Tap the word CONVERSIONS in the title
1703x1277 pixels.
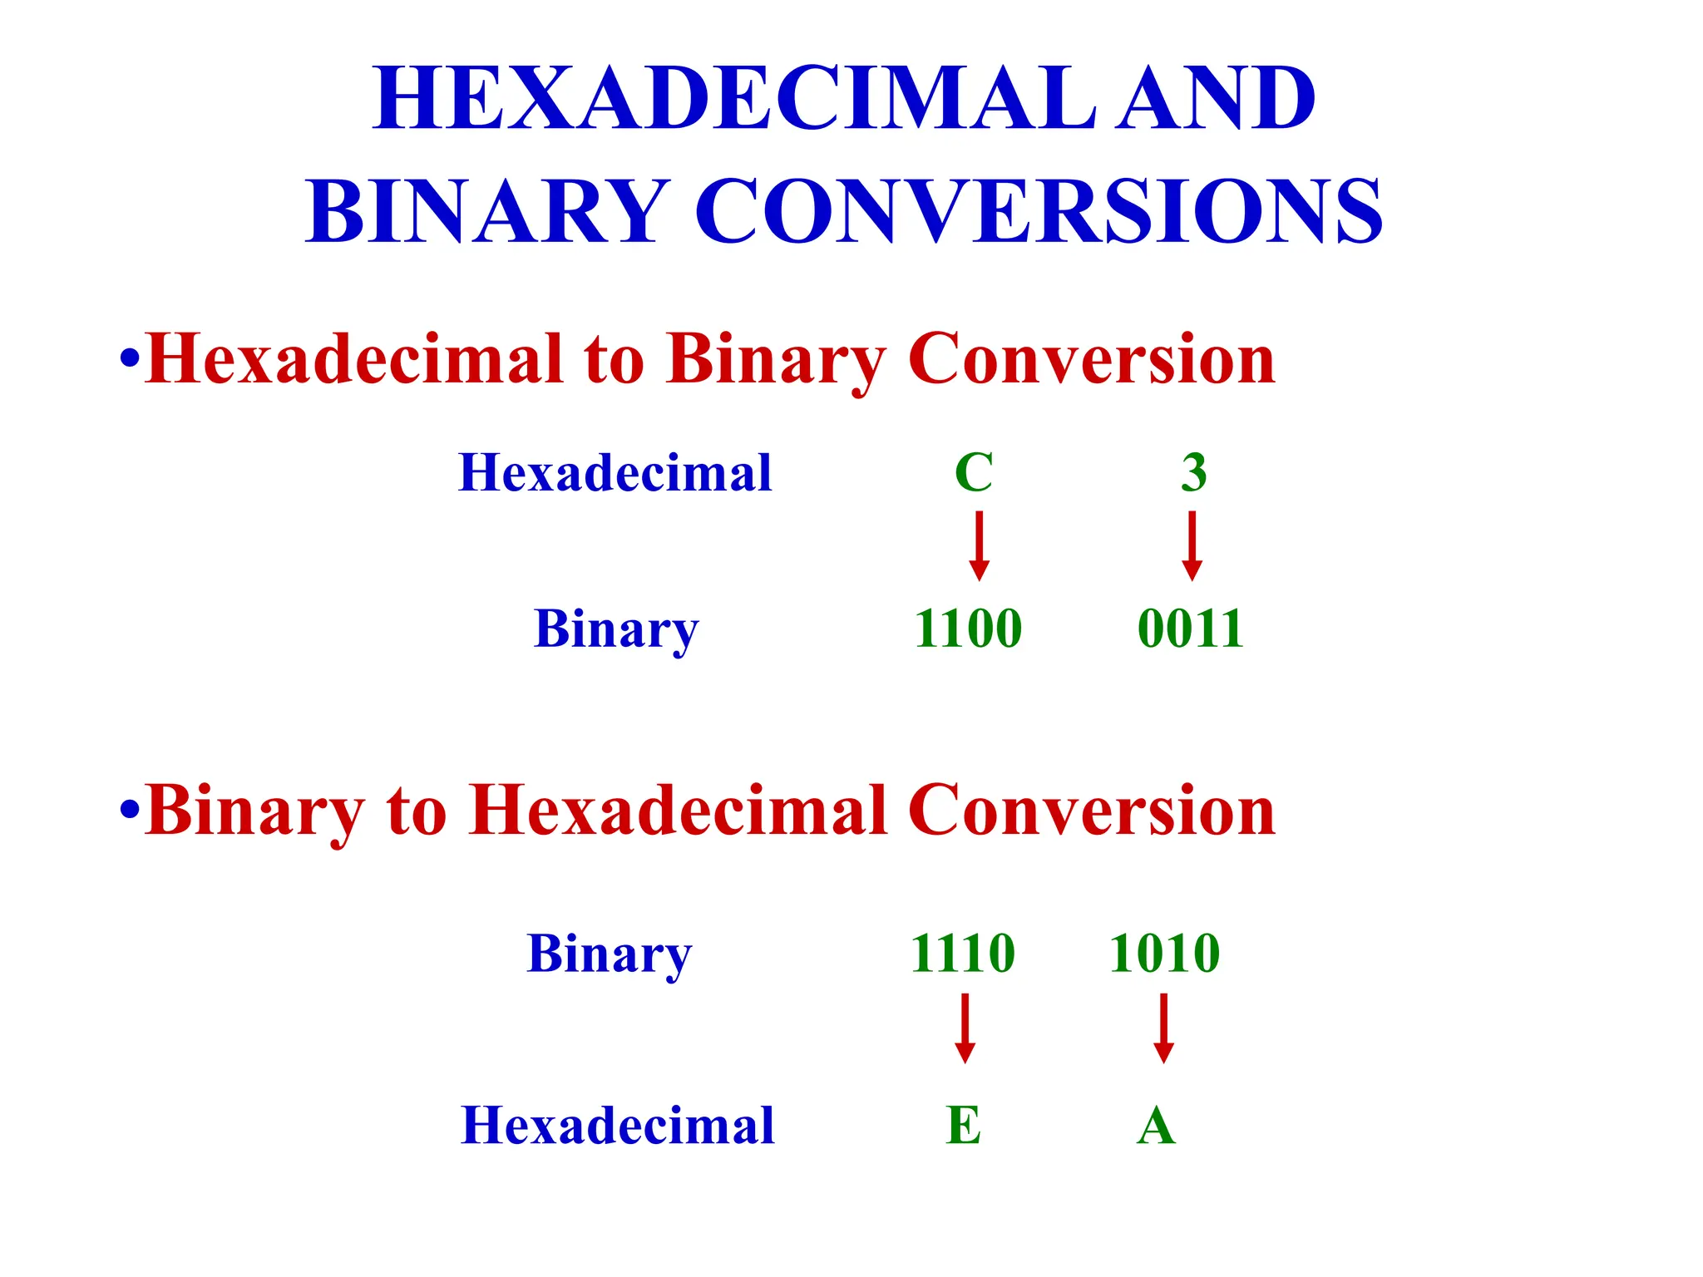[x=1039, y=211]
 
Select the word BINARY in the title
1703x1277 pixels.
[x=487, y=211]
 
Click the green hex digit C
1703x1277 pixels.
[x=974, y=472]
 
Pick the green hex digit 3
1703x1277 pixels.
[x=1194, y=472]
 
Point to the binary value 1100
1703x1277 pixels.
[x=968, y=628]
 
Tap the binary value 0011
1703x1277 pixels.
[x=1191, y=628]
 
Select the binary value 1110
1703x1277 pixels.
[x=963, y=953]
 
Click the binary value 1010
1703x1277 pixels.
[x=1164, y=953]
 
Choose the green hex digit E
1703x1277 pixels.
[x=964, y=1126]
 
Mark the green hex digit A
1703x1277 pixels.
[x=1156, y=1127]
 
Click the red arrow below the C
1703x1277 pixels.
[x=980, y=545]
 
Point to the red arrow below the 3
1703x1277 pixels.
[x=1192, y=545]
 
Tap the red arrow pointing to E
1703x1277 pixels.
[x=965, y=1028]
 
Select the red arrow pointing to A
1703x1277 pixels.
[x=1164, y=1028]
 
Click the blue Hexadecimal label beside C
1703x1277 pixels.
[x=615, y=473]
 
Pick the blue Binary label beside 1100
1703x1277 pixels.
[x=616, y=629]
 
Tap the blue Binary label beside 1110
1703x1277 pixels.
[x=610, y=954]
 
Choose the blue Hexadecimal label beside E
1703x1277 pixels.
[x=618, y=1126]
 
